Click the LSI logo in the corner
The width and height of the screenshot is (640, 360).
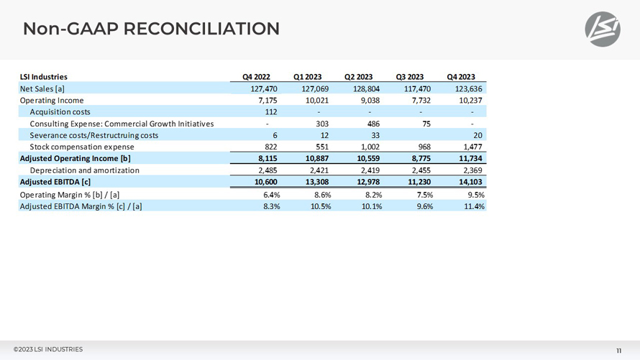603,29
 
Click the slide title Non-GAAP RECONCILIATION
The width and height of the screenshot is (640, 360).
151,29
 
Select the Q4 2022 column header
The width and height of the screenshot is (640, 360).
256,77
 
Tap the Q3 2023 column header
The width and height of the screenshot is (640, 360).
409,77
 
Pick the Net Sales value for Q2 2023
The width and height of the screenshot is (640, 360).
366,88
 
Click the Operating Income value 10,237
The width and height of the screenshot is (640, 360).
470,101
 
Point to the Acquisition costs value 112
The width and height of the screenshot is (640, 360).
270,111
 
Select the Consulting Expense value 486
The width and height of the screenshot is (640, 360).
373,124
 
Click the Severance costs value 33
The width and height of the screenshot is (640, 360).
375,135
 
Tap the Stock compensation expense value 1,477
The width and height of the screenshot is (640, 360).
472,147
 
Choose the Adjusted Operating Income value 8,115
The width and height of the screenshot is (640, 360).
268,158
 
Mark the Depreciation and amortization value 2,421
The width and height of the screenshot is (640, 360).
319,170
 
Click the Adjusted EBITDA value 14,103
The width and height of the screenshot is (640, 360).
470,182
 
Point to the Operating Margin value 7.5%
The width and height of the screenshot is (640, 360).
424,195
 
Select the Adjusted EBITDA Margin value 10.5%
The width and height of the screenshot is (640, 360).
321,206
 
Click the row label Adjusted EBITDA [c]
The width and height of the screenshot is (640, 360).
55,182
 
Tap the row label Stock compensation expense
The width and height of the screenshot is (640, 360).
82,147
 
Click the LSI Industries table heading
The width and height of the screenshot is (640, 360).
44,77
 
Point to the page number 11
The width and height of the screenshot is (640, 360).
618,351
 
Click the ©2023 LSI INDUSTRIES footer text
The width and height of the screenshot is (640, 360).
47,349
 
